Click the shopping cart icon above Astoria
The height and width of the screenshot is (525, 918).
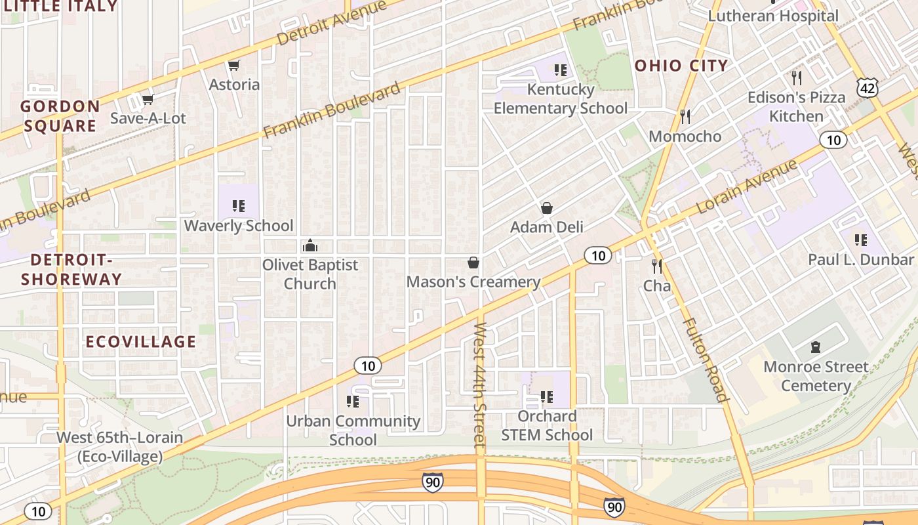click(x=233, y=65)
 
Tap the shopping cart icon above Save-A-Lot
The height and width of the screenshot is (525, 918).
click(x=148, y=99)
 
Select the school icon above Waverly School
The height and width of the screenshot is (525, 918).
click(x=239, y=206)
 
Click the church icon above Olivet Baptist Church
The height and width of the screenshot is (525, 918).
click(x=309, y=246)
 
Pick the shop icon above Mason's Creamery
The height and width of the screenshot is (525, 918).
click(x=473, y=262)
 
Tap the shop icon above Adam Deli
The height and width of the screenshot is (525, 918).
click(x=547, y=208)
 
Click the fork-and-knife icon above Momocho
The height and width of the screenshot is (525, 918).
click(x=685, y=117)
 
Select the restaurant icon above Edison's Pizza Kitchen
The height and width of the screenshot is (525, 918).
click(x=797, y=78)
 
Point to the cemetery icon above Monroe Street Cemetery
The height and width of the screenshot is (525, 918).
click(x=816, y=346)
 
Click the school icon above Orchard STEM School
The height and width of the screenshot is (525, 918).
click(x=547, y=396)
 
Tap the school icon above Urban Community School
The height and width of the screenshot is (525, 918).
click(x=353, y=401)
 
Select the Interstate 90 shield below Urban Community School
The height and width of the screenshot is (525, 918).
click(x=431, y=482)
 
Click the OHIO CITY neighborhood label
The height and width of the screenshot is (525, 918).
click(x=681, y=65)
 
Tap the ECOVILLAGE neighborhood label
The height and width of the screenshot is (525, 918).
click(x=141, y=341)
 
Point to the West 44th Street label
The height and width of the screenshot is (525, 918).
click(x=480, y=385)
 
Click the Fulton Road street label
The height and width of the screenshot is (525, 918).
click(x=706, y=360)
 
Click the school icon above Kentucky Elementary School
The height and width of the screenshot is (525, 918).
click(x=560, y=70)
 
